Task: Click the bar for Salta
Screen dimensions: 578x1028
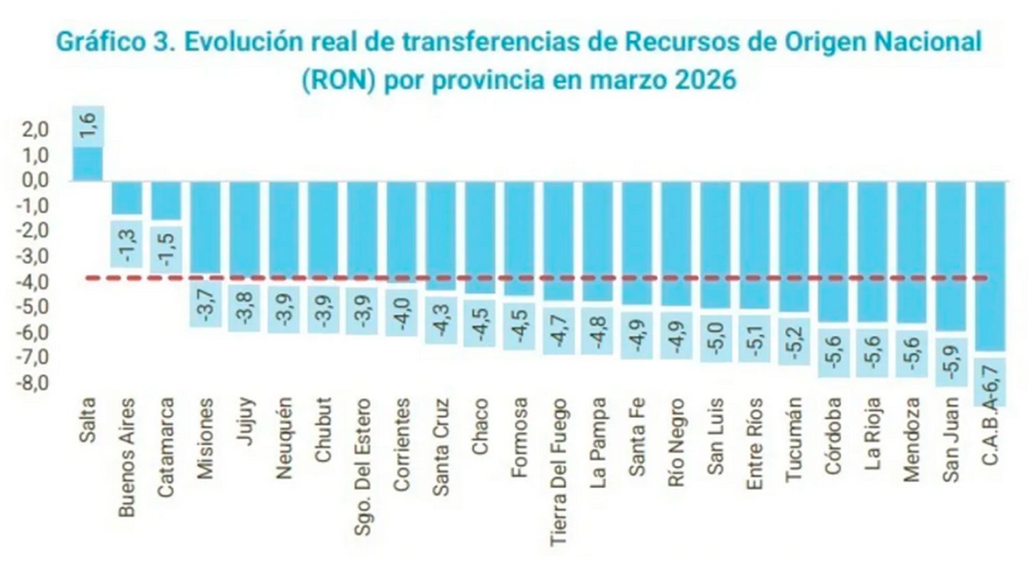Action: [88, 164]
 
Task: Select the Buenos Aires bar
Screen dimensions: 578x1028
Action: [127, 198]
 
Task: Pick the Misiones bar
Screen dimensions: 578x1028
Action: [205, 227]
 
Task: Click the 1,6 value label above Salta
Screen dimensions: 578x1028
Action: [88, 126]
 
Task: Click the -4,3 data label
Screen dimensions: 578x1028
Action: [441, 320]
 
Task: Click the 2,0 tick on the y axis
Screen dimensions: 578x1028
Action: [34, 130]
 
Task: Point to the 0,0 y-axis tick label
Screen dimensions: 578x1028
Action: [34, 180]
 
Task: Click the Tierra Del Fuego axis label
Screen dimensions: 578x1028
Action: [559, 472]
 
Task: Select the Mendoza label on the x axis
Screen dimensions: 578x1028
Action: [911, 439]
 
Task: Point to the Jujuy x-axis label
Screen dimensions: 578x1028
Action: [245, 421]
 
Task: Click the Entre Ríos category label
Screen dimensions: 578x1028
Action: [754, 444]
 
